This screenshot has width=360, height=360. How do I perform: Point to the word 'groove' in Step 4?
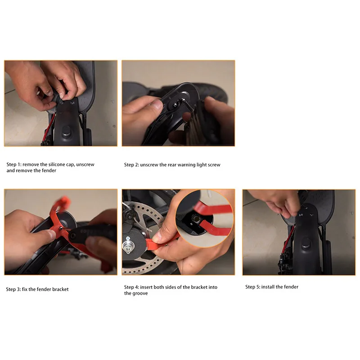[140, 293]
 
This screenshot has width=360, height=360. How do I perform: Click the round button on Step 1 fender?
[66, 131]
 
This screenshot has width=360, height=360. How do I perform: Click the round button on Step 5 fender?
[306, 243]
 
